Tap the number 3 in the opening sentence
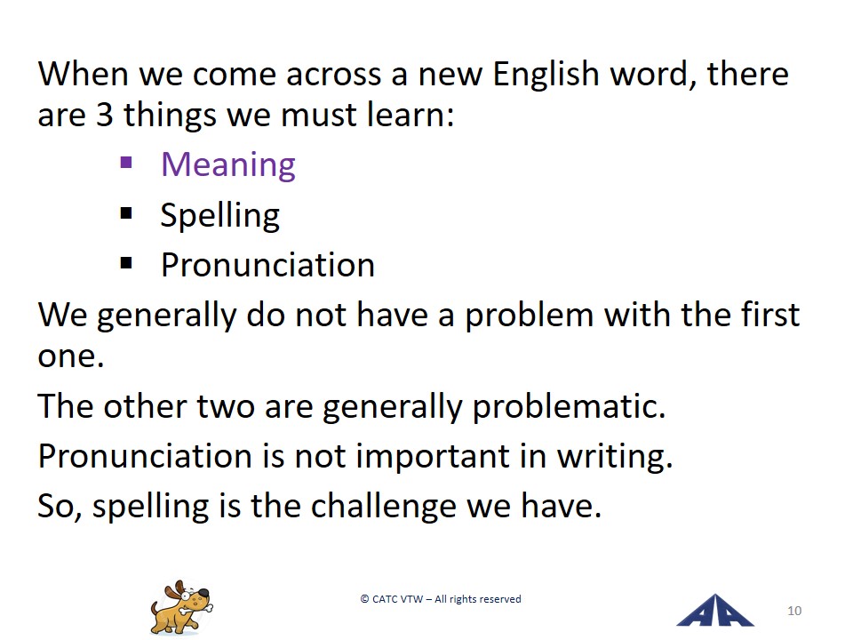tap(105, 115)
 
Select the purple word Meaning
tap(228, 165)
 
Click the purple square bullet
tap(126, 163)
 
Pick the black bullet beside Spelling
tap(126, 212)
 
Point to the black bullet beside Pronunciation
tap(126, 263)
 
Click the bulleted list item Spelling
tap(220, 216)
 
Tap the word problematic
tap(569, 407)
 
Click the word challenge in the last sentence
tap(384, 507)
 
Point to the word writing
tap(615, 457)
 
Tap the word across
tap(333, 76)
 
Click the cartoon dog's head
tap(190, 595)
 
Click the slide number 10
tap(794, 612)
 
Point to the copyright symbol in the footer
tap(364, 599)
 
